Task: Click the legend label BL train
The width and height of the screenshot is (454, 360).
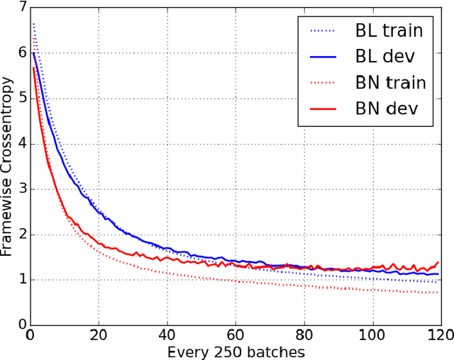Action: click(x=389, y=30)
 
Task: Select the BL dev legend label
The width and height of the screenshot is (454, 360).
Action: click(x=384, y=57)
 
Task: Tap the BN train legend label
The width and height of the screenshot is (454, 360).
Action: click(x=390, y=83)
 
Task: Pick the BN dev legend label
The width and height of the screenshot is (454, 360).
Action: click(x=385, y=109)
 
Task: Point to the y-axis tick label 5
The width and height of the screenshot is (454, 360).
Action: click(x=21, y=99)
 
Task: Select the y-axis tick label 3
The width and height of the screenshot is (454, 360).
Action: click(x=21, y=189)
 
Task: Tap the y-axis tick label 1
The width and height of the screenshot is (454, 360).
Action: click(x=21, y=280)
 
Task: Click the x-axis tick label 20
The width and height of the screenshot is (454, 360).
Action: click(x=99, y=334)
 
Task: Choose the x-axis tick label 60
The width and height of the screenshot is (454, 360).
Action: click(x=236, y=334)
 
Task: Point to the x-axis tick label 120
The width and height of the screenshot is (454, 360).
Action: click(x=439, y=334)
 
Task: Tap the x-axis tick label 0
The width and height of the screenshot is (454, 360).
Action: click(x=30, y=334)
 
